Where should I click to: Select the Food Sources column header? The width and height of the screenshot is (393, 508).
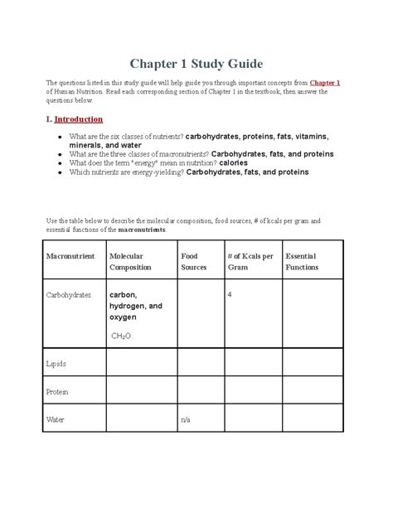[x=194, y=262]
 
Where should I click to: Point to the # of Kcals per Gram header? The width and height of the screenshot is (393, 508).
[x=248, y=262]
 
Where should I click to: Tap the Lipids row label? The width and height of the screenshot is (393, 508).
[x=56, y=363]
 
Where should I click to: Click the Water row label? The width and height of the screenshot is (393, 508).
[x=56, y=420]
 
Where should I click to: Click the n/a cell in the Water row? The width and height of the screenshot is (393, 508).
[x=186, y=420]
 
